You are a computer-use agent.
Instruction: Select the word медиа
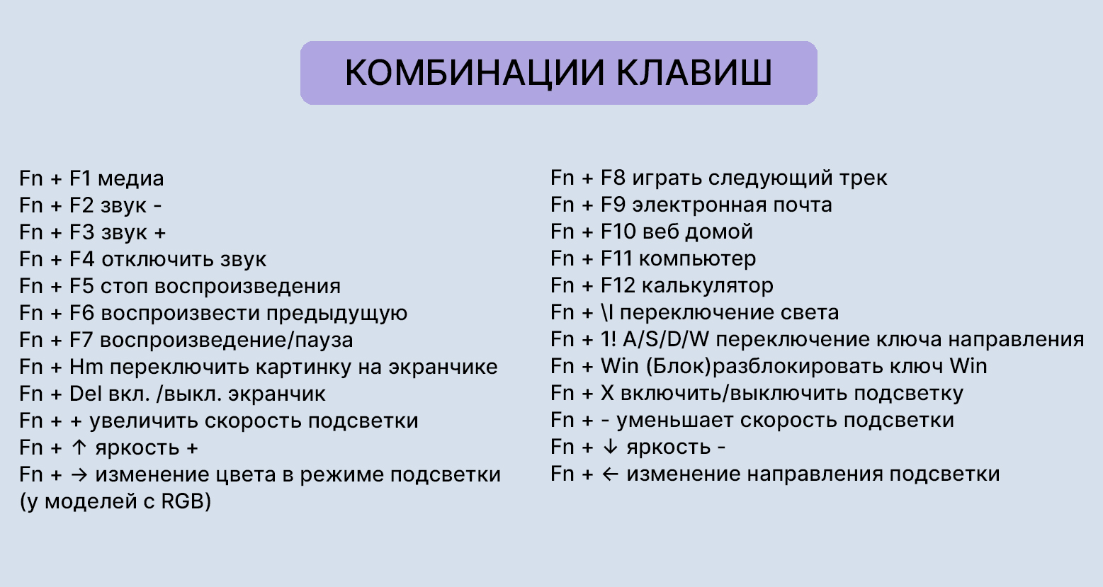pyautogui.click(x=130, y=178)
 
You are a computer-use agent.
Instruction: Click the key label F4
pyautogui.click(x=81, y=259)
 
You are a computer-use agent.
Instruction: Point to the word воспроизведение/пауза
pyautogui.click(x=226, y=340)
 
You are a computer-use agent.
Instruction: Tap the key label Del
pyautogui.click(x=86, y=394)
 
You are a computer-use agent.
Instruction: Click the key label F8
pyautogui.click(x=613, y=178)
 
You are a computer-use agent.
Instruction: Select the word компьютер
pyautogui.click(x=697, y=258)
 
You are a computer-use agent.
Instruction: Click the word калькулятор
pyautogui.click(x=707, y=285)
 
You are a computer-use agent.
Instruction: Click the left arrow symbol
pyautogui.click(x=609, y=474)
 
